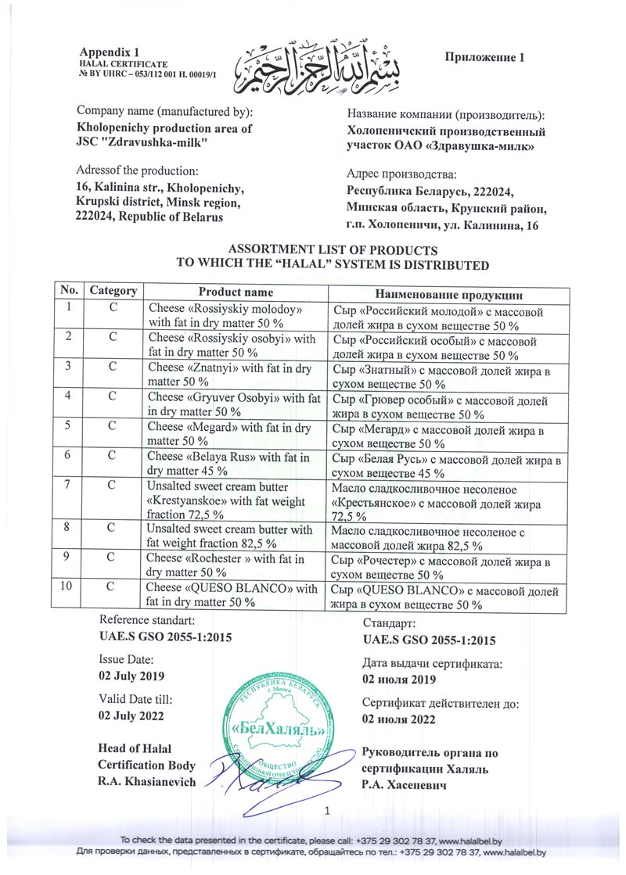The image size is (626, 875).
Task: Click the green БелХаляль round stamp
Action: pyautogui.click(x=276, y=730)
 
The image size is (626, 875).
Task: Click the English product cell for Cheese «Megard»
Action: pyautogui.click(x=233, y=435)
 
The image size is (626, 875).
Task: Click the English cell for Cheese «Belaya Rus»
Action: pyautogui.click(x=233, y=463)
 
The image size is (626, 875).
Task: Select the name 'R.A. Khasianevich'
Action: pyautogui.click(x=146, y=782)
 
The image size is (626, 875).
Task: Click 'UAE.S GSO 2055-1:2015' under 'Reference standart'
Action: pyautogui.click(x=164, y=637)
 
